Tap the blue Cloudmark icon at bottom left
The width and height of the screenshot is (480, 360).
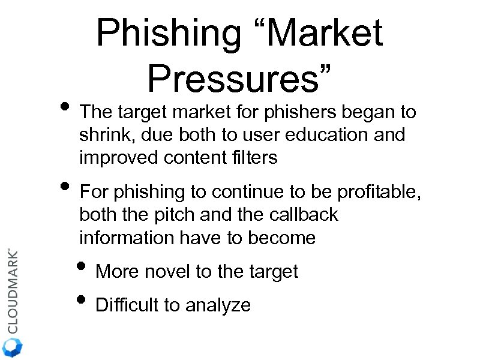point(12,347)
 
